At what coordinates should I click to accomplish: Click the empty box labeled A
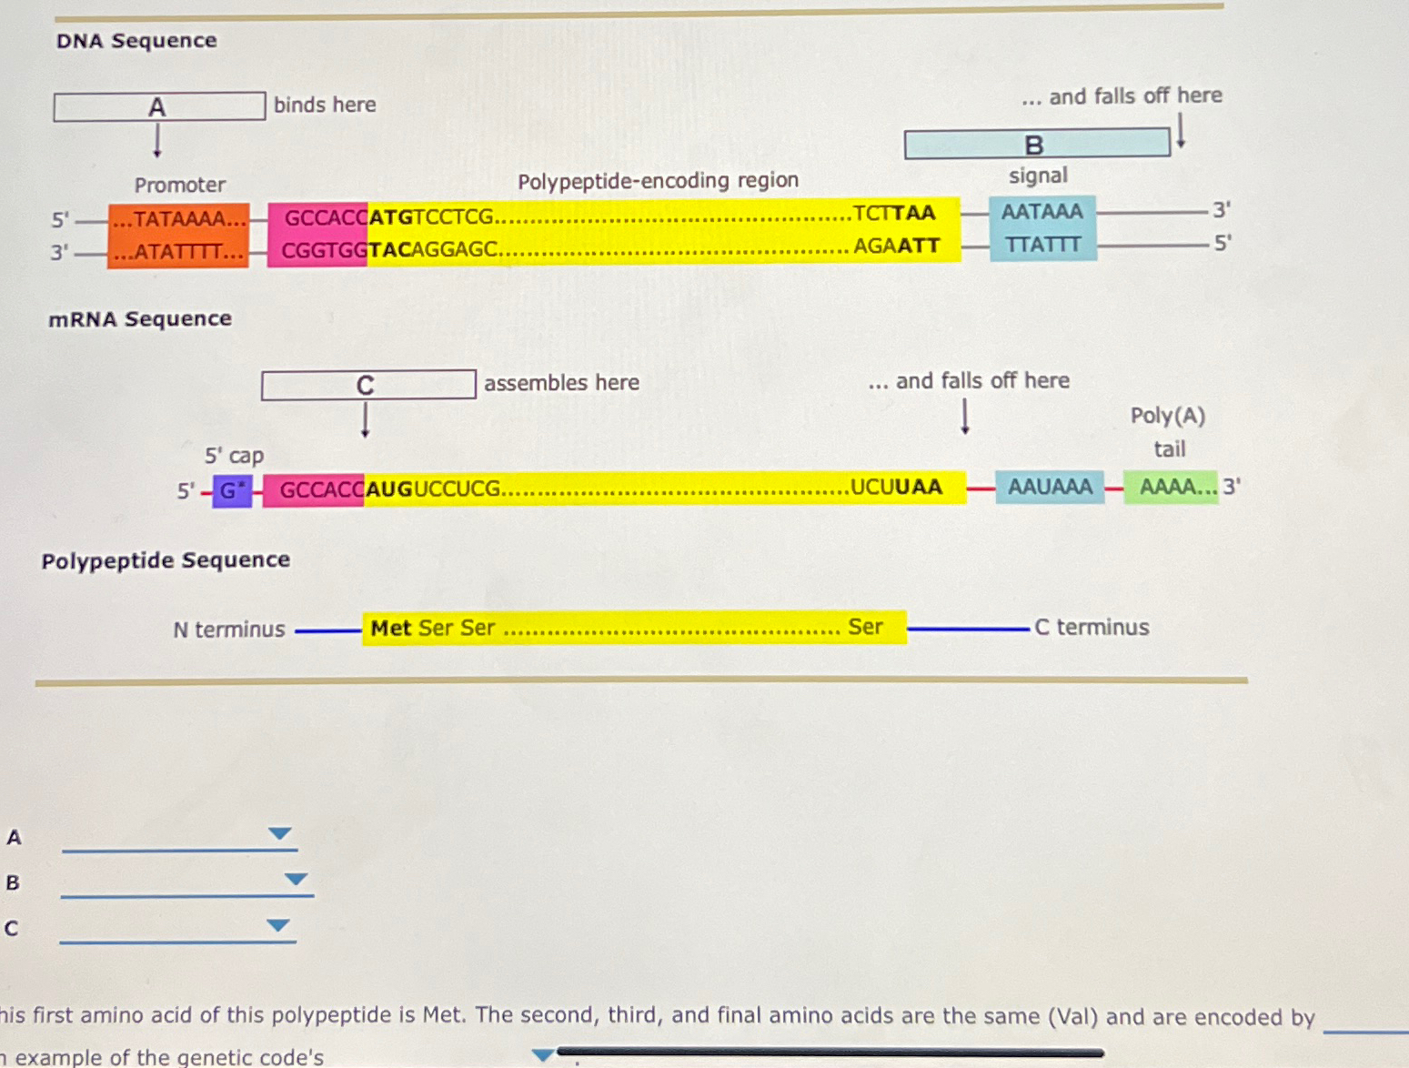tap(159, 106)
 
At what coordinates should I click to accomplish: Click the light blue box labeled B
tap(1036, 144)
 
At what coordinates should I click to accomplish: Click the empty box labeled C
tap(367, 385)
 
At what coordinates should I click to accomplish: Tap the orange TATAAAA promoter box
tap(179, 235)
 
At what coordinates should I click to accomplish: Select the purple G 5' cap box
tap(232, 490)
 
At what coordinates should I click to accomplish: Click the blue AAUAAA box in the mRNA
tap(1050, 487)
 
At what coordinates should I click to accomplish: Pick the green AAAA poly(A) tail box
tap(1171, 487)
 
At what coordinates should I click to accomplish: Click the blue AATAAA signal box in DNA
tap(1042, 228)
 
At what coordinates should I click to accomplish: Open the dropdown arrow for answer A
tap(280, 833)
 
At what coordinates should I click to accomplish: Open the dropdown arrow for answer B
tap(296, 879)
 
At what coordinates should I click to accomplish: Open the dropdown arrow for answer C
tap(278, 925)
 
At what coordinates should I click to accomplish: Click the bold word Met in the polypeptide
tap(391, 628)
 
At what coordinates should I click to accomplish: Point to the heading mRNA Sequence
tap(140, 319)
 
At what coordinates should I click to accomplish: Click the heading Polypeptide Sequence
tap(166, 560)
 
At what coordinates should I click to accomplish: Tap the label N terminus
tap(229, 630)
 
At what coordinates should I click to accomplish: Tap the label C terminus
tap(1092, 628)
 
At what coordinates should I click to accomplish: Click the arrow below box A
tap(157, 141)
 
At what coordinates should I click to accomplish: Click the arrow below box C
tap(365, 419)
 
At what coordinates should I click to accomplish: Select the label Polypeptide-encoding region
tap(658, 181)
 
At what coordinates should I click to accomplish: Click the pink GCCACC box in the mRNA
tap(315, 489)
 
